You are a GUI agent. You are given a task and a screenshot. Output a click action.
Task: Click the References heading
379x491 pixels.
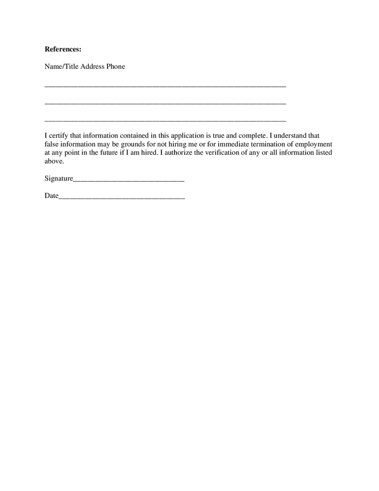click(63, 50)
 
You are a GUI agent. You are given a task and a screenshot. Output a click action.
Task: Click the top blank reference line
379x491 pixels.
click(165, 86)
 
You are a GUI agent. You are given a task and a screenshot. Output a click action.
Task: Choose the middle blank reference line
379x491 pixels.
click(165, 103)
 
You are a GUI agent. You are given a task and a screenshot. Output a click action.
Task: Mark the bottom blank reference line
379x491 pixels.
click(165, 120)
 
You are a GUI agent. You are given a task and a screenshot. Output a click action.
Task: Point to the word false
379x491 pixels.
click(52, 145)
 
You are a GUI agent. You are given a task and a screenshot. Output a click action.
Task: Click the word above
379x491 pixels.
click(54, 161)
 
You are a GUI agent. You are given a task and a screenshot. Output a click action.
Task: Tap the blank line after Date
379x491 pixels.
click(122, 197)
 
